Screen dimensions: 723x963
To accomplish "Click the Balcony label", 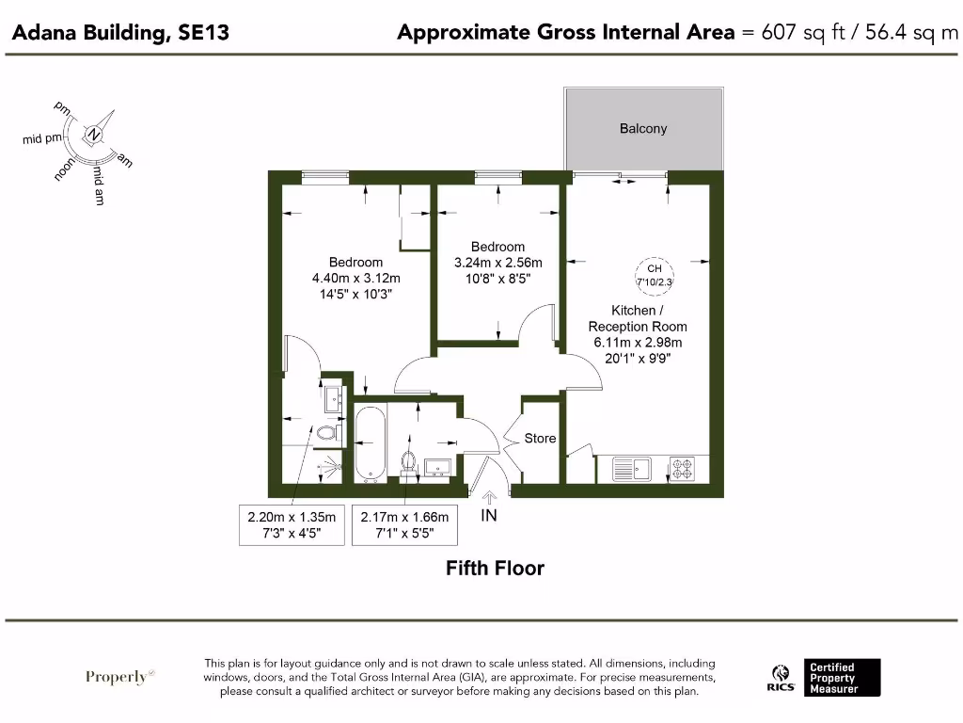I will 643,128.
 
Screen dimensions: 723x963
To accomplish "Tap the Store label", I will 540,438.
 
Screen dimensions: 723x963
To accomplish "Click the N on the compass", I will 94,135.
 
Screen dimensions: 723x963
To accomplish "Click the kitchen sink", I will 631,467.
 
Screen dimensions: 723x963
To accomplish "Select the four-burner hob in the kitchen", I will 682,467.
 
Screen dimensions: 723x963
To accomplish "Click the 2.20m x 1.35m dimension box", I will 292,524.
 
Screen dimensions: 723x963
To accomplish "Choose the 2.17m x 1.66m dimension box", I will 404,524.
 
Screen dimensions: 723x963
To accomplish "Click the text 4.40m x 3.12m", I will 355,278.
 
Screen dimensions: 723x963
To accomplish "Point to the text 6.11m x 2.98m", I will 636,342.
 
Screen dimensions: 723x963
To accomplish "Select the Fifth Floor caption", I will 495,568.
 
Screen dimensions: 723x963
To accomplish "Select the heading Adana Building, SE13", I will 120,33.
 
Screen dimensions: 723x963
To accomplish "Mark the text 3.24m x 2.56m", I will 497,263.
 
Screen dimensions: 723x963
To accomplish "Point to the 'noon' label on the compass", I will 65,169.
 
